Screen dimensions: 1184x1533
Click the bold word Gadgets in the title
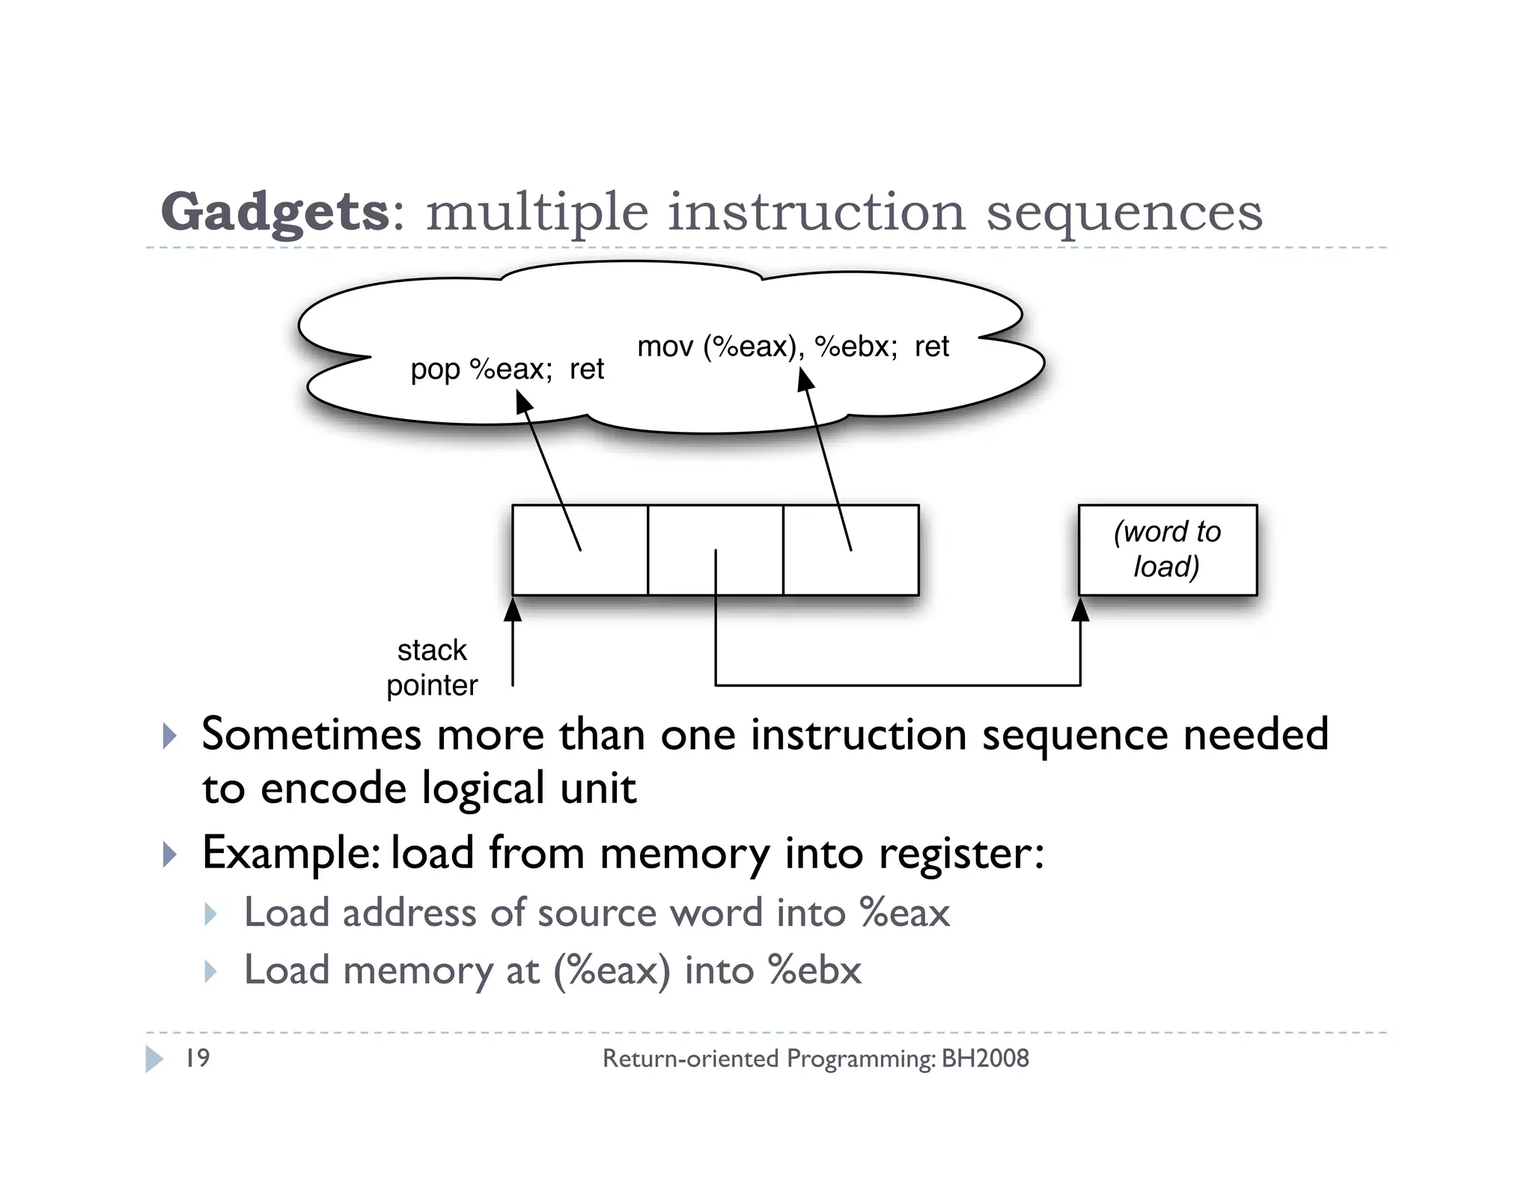point(274,213)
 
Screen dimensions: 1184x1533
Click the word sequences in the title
point(1124,213)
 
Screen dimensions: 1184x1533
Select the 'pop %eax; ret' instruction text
point(507,370)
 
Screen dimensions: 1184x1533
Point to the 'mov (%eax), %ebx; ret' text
point(793,347)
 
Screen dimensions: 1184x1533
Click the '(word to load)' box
point(1167,550)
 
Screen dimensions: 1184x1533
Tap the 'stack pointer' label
point(432,668)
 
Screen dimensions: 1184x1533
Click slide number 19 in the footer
point(198,1058)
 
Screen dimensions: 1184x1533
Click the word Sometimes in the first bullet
point(311,734)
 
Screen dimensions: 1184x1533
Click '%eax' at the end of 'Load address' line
point(905,912)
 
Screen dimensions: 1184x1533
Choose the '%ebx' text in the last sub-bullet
point(815,970)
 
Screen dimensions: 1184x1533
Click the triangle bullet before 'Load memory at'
point(210,971)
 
